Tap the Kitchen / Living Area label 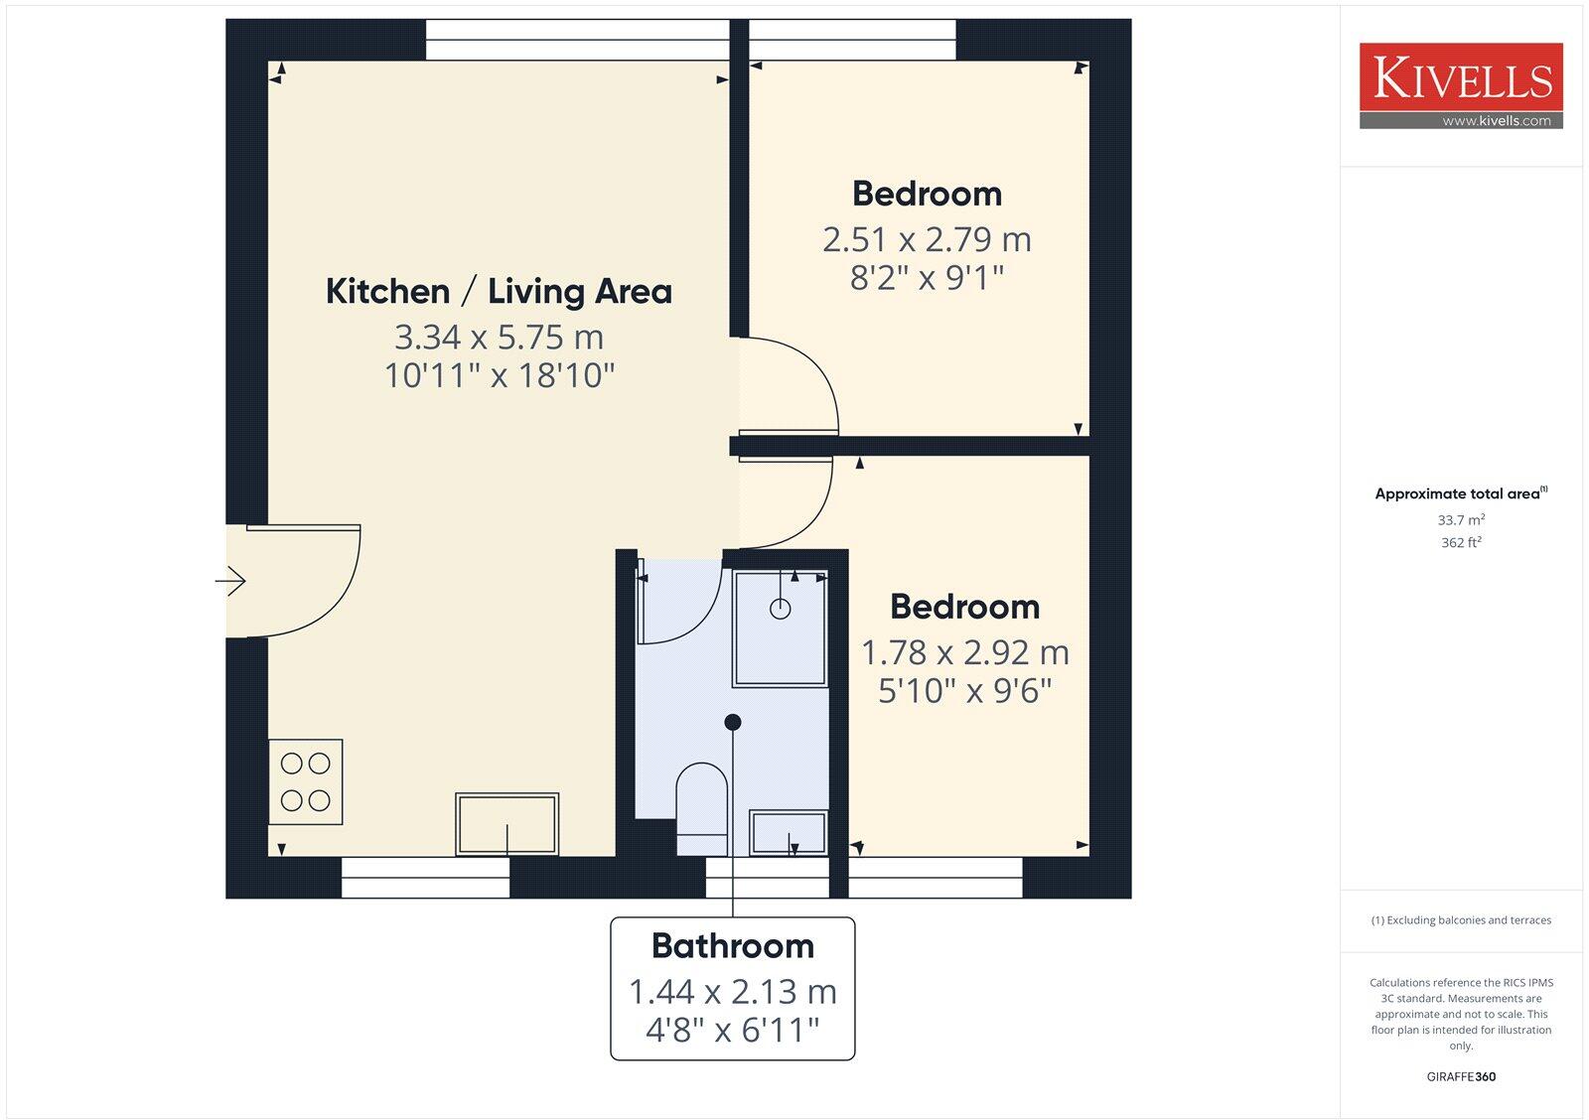click(x=499, y=291)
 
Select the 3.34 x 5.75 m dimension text click(x=499, y=338)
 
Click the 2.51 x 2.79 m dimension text click(x=927, y=239)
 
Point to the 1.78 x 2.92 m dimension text click(x=964, y=652)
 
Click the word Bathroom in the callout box click(x=732, y=945)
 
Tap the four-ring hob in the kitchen click(x=305, y=781)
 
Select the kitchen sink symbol click(x=506, y=823)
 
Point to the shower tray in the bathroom click(x=780, y=628)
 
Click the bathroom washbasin click(x=789, y=832)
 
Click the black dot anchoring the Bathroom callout click(x=733, y=722)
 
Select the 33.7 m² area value click(x=1461, y=520)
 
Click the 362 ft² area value click(x=1461, y=542)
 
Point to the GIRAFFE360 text click(x=1461, y=1076)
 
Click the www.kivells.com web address click(x=1496, y=121)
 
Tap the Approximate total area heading click(x=1458, y=493)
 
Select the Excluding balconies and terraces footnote click(x=1461, y=920)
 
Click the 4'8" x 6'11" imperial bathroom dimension click(x=732, y=1030)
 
